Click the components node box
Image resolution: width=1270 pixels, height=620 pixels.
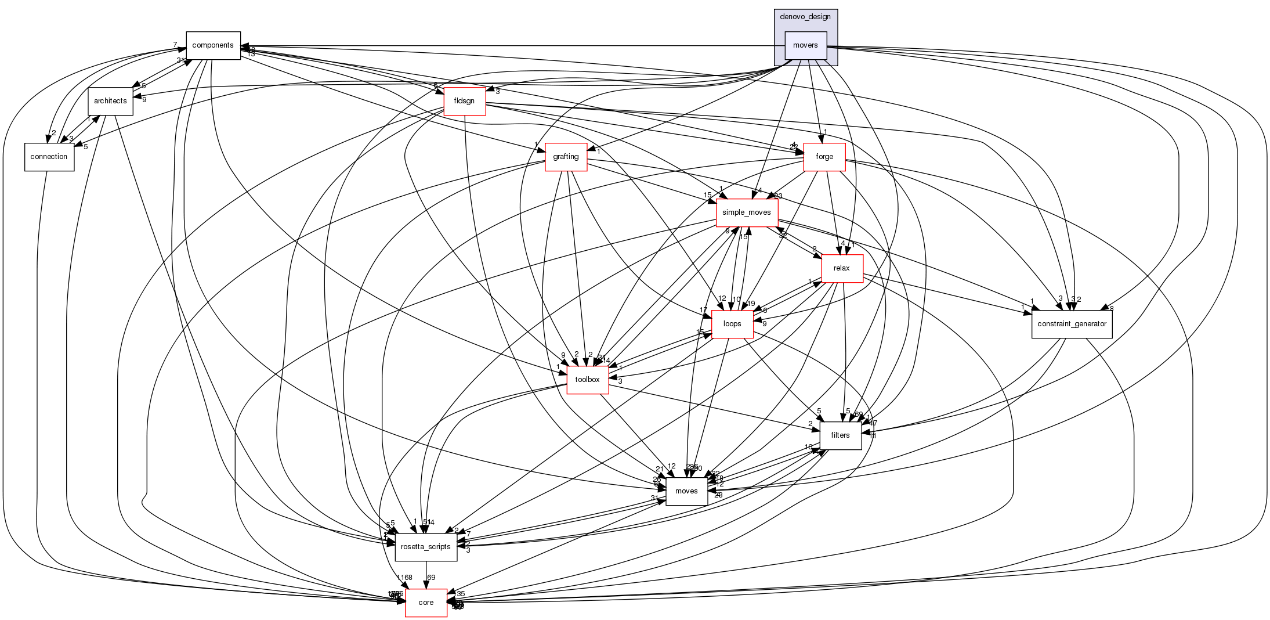click(x=213, y=45)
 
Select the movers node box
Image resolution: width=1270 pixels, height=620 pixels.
click(x=805, y=45)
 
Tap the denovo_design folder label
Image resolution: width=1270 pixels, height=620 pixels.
click(x=805, y=17)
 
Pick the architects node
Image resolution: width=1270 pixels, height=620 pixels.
click(x=110, y=101)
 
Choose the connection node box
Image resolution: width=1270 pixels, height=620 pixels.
click(x=49, y=157)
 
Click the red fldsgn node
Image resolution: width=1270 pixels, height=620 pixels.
click(x=464, y=101)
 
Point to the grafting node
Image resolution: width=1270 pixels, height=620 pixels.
click(x=566, y=157)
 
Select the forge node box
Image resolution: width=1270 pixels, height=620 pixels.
click(x=824, y=157)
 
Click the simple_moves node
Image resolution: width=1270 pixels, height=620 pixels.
click(x=747, y=212)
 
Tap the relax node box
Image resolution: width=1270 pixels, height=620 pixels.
click(x=841, y=268)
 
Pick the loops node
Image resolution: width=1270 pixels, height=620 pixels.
click(x=732, y=324)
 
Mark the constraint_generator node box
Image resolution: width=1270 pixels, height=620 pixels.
click(x=1072, y=324)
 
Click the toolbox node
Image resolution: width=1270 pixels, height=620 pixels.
click(x=587, y=380)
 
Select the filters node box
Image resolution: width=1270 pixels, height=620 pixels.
click(x=840, y=435)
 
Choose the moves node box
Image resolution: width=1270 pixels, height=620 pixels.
click(x=686, y=491)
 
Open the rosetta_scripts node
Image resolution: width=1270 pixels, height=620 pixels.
click(x=426, y=547)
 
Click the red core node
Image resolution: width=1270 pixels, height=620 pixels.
click(x=426, y=603)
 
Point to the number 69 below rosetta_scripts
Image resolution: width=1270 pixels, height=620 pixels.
click(x=431, y=578)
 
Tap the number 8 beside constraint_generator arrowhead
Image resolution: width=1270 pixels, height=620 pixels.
click(x=1112, y=308)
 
